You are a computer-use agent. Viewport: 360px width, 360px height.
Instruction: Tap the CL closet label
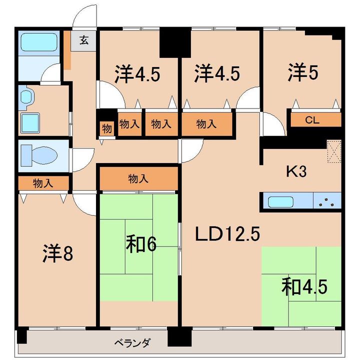click(312, 120)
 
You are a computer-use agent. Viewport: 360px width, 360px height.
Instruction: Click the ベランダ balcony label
click(132, 343)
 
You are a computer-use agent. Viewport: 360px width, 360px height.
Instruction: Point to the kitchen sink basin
click(282, 202)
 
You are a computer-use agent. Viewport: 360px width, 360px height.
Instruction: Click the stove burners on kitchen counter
click(327, 202)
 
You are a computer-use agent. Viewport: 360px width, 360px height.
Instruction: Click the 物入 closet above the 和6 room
click(138, 178)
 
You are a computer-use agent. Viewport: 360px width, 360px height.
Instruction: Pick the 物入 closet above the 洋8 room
click(43, 183)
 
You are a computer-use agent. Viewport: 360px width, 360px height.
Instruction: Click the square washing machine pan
click(30, 122)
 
